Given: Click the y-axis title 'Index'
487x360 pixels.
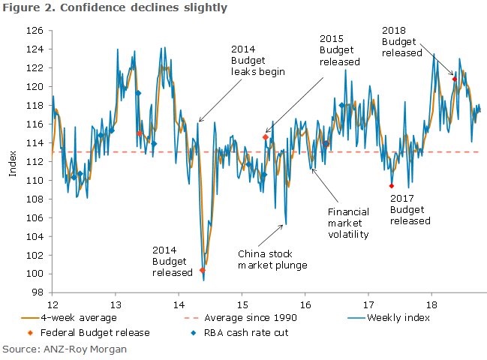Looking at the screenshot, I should [13, 165].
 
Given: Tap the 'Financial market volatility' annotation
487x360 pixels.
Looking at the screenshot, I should [349, 223].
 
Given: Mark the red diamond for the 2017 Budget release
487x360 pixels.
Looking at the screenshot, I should [392, 185].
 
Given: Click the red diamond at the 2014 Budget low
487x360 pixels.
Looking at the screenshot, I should [203, 270].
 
